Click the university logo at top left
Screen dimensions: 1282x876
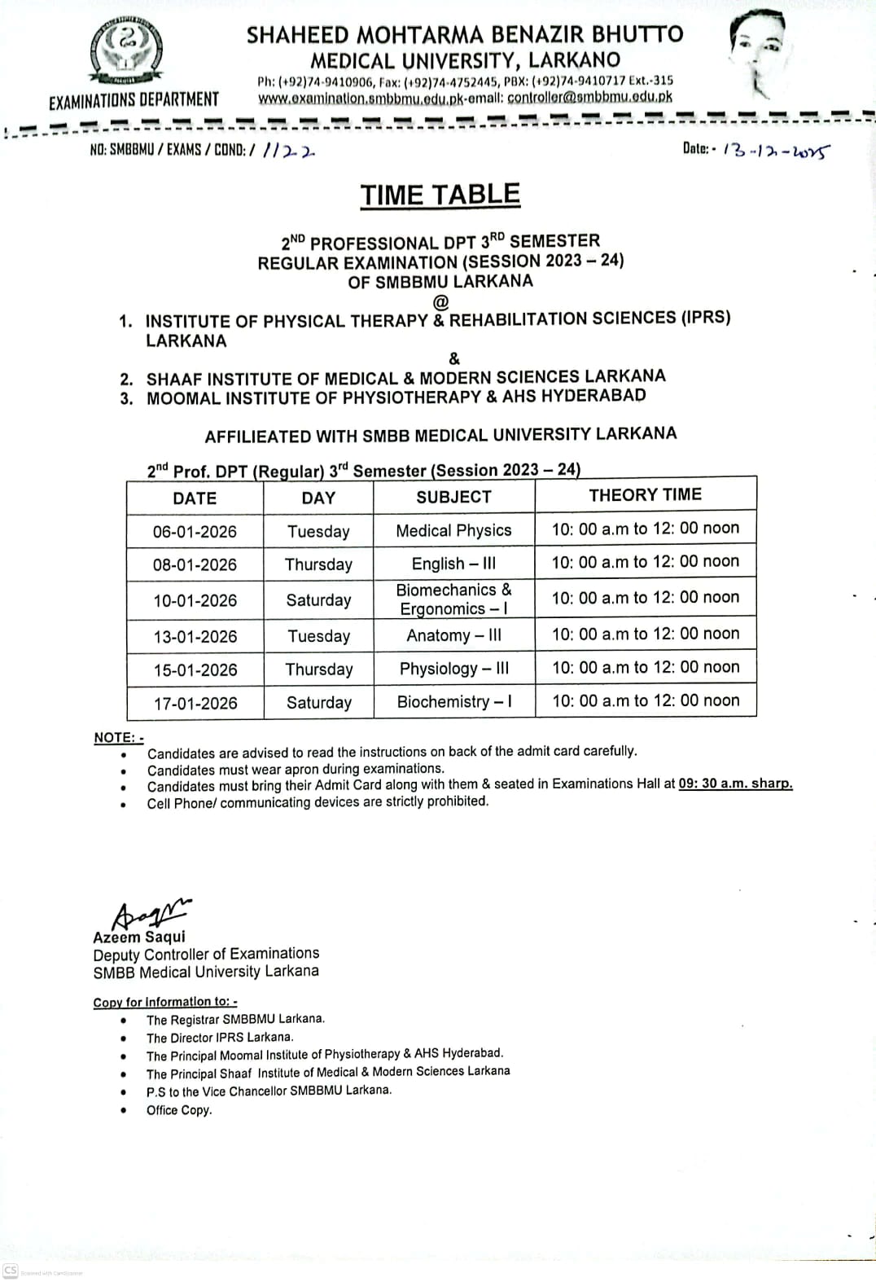coord(129,52)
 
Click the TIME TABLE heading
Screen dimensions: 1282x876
coord(440,195)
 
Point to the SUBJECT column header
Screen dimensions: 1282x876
coord(453,497)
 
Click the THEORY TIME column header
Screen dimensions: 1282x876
coord(645,494)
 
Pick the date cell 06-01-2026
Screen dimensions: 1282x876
coord(195,532)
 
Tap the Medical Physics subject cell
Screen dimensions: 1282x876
coord(453,530)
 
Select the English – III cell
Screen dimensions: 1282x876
coord(453,564)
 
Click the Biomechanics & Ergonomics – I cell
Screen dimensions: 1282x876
coord(453,599)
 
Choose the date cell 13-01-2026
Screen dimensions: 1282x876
coord(195,636)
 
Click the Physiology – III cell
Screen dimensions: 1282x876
coord(453,669)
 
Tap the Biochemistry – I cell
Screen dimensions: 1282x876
coord(453,701)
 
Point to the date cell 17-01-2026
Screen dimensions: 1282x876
coord(195,703)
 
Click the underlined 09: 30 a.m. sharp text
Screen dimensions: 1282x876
coord(735,784)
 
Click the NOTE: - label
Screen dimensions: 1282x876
coord(118,737)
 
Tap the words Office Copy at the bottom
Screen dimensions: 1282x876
coord(179,1110)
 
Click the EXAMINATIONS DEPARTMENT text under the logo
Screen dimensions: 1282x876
coord(134,100)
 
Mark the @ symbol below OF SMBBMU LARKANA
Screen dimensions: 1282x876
coord(440,301)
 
